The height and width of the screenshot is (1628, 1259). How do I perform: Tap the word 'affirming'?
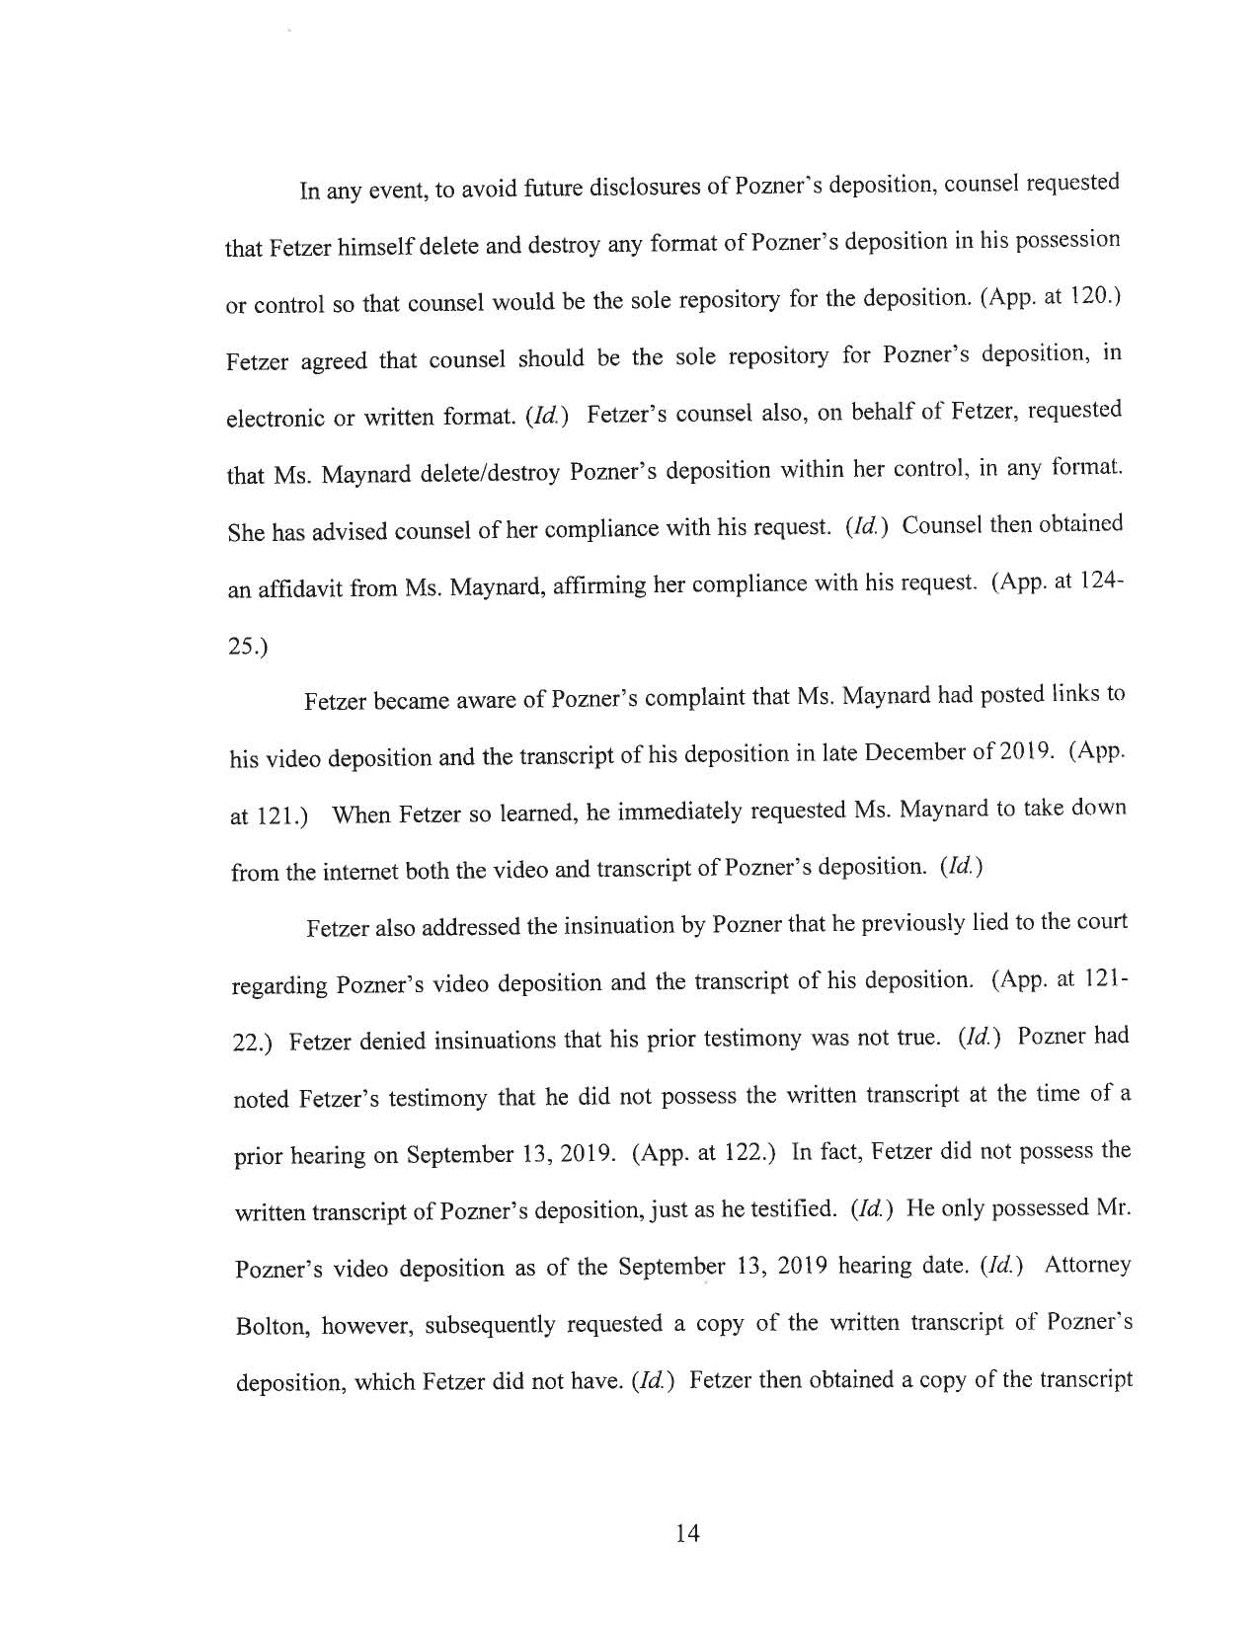coord(516,586)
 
